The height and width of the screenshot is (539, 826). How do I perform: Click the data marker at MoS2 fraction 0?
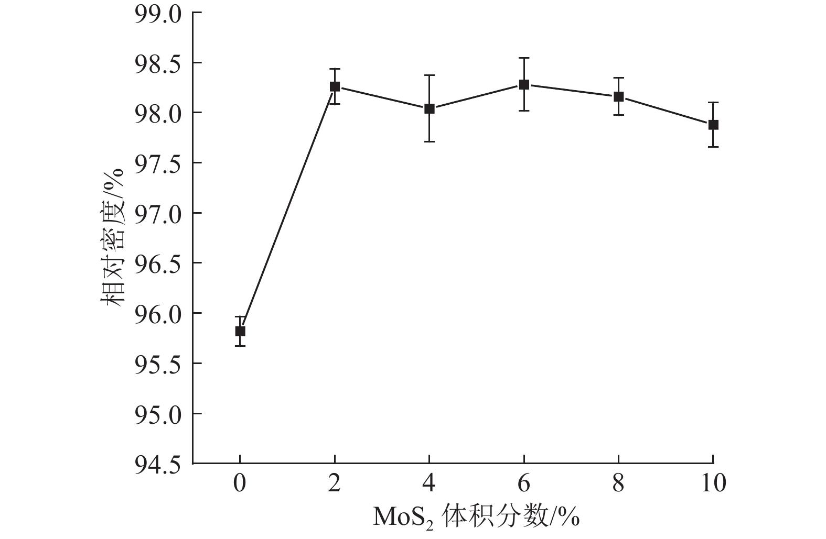[x=240, y=331]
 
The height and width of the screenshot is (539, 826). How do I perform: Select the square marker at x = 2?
[x=335, y=86]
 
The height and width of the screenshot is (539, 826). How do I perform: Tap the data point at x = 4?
[x=430, y=109]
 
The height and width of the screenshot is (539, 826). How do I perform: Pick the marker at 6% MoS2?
[x=524, y=84]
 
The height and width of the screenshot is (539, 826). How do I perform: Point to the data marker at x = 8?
[x=618, y=96]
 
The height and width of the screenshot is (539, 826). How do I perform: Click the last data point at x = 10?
[x=713, y=125]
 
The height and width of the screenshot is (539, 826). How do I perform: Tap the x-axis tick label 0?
[x=240, y=483]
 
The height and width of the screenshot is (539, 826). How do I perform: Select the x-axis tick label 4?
[x=430, y=483]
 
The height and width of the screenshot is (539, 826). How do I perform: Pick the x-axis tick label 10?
[x=713, y=483]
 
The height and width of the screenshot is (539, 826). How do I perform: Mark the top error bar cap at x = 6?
[x=524, y=58]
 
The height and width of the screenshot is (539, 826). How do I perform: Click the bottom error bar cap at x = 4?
[x=430, y=141]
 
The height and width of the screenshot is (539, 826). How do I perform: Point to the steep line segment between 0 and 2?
[x=287, y=209]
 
